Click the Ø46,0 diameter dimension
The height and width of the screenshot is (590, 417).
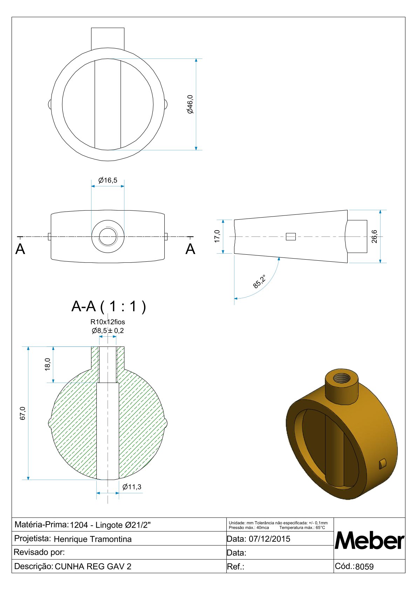[190, 104]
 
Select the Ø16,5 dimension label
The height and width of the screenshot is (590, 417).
[108, 180]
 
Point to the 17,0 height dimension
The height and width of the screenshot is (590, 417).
[217, 236]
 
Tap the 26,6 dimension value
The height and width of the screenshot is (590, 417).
[374, 236]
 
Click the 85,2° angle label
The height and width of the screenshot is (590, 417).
[259, 282]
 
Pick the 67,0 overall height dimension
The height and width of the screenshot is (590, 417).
[23, 413]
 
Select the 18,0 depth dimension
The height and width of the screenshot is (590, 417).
[48, 364]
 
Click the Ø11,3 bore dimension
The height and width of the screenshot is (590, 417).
[132, 487]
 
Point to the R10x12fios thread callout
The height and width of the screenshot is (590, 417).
[108, 322]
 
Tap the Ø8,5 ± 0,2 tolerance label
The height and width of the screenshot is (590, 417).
[108, 330]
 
